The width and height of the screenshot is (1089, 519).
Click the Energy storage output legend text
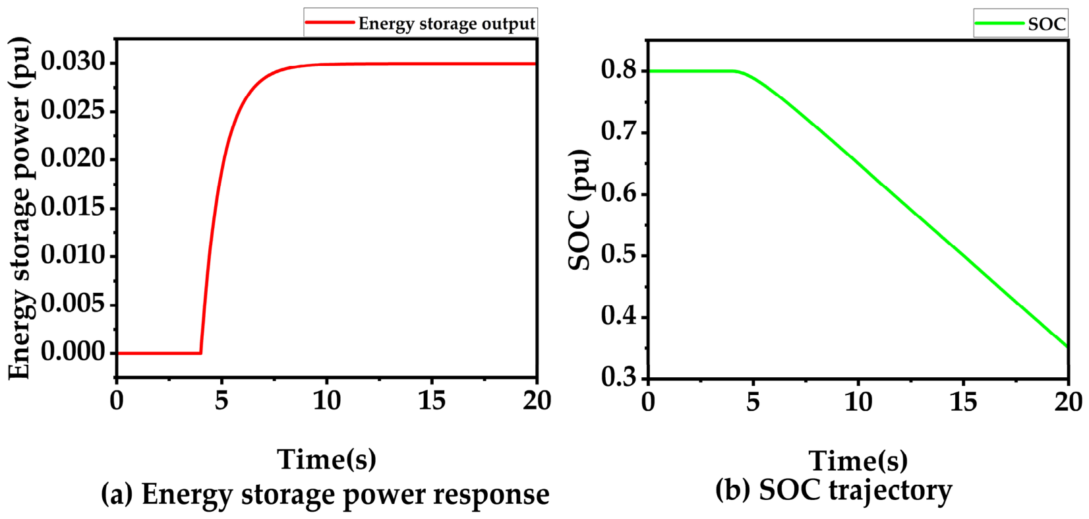coord(447,24)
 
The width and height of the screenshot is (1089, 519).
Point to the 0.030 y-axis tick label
coord(73,62)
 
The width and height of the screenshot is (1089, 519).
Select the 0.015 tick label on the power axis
coord(73,208)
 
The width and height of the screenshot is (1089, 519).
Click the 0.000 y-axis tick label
coord(73,351)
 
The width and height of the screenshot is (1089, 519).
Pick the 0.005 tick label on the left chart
coord(73,304)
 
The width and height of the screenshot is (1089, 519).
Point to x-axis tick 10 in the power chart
coord(327,402)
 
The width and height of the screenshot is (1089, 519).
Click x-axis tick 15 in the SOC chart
coord(964,402)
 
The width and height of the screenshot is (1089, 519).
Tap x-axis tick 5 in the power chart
coord(221,402)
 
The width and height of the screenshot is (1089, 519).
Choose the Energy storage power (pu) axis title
coord(20,208)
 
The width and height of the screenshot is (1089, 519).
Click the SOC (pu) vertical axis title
coord(579,210)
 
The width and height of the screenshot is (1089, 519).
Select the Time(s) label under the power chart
coord(327,459)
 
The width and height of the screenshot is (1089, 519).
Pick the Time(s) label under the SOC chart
coord(858,460)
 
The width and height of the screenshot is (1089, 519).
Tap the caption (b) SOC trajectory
coord(834,491)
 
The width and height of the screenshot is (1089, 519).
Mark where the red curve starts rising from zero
coord(201,353)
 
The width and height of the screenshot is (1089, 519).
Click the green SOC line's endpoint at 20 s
coord(1067,346)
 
